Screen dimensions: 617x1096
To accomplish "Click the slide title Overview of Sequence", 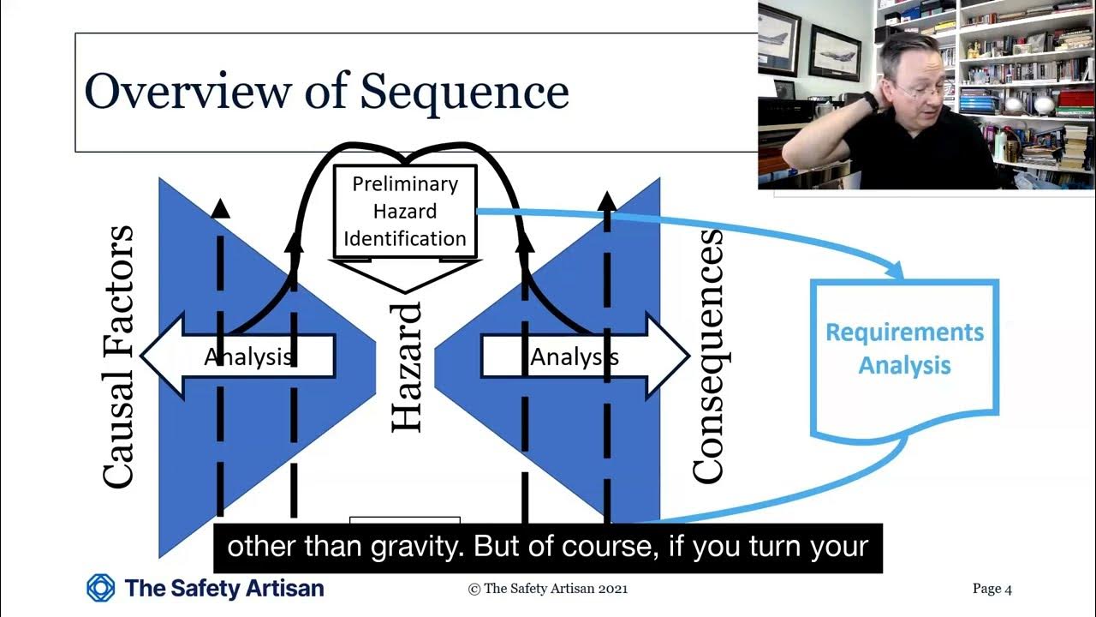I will (326, 91).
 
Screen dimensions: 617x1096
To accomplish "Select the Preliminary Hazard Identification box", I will (404, 211).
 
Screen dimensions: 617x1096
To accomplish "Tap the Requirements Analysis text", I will (904, 349).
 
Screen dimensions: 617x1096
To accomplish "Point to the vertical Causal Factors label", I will (117, 356).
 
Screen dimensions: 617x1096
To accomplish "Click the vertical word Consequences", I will (707, 356).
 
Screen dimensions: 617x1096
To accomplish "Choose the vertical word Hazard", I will (407, 366).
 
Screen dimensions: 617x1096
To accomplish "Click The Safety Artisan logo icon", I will (101, 588).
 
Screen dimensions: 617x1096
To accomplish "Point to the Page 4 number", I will (992, 589).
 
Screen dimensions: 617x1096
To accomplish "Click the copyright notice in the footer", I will (548, 589).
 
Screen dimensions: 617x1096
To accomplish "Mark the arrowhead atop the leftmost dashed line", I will (220, 208).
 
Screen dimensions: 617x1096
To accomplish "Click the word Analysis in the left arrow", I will (249, 356).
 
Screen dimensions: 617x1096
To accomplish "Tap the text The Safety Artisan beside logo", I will (224, 588).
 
